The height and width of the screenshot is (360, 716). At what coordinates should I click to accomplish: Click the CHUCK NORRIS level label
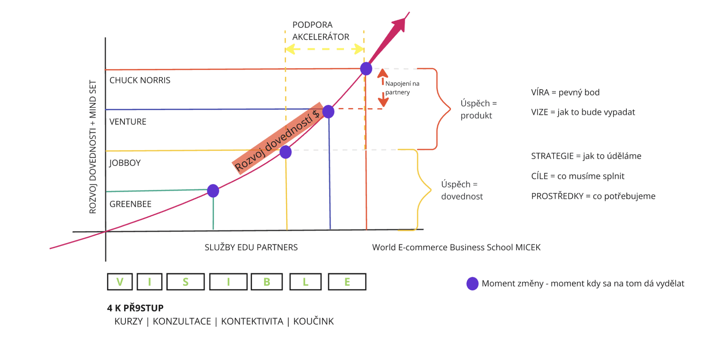point(140,80)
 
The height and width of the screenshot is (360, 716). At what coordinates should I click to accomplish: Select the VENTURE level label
point(128,122)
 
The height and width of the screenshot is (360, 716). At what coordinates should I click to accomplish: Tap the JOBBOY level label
point(125,163)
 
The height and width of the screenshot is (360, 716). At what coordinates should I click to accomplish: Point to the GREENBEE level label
point(130,204)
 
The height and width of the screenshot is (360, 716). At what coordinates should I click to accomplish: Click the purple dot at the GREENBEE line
point(213,191)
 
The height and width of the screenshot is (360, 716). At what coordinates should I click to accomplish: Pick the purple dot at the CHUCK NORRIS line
point(366,69)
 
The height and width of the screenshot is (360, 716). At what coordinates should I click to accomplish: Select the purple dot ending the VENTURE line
point(328,111)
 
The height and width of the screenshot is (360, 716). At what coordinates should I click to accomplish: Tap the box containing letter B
point(267,282)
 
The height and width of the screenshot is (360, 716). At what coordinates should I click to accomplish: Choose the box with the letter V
point(120,282)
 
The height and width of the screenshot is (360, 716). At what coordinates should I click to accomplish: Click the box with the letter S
point(186,282)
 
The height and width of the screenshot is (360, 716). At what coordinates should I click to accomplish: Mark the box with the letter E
point(347,282)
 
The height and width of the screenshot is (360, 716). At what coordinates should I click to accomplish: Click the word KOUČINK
point(313,322)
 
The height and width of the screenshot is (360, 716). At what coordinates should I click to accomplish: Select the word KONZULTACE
point(182,322)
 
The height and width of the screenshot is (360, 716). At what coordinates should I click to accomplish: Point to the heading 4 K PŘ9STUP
point(135,308)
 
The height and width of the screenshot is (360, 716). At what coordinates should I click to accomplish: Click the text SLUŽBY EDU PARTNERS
point(251,247)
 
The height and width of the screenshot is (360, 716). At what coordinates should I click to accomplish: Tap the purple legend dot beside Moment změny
point(472,283)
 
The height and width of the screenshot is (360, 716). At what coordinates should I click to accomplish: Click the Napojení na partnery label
point(402,88)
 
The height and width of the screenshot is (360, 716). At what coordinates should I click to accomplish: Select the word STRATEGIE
point(552,156)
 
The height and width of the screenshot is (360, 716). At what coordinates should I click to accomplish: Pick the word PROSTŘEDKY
point(557,196)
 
